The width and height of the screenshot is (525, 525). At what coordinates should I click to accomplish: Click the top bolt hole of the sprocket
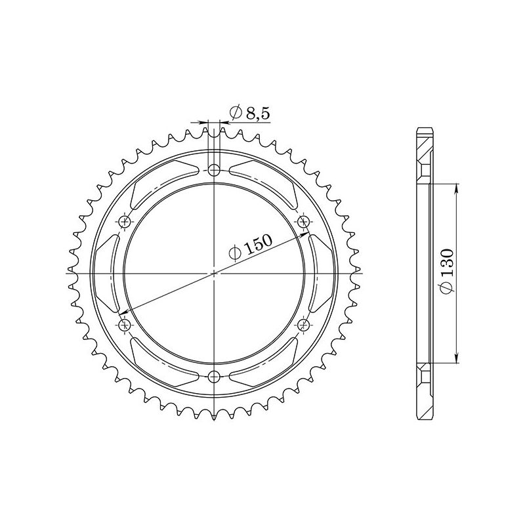point(214,171)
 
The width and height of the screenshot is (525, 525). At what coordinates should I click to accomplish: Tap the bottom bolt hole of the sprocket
point(214,375)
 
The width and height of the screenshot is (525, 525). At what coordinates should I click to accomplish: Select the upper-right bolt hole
point(303,222)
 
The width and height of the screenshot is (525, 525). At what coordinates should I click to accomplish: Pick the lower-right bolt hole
point(303,324)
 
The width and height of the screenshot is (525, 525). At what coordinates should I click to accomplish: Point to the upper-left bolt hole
point(125,222)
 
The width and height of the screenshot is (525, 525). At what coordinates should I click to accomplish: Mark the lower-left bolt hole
point(125,324)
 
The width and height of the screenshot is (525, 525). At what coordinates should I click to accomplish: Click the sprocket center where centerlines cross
point(214,273)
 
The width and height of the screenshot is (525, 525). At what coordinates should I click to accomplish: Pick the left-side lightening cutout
point(106,273)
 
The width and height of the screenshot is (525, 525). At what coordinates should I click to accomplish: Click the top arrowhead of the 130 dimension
point(457,186)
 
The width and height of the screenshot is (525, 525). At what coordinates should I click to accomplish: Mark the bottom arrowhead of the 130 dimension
point(457,358)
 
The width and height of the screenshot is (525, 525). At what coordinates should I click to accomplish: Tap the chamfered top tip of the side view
point(424,130)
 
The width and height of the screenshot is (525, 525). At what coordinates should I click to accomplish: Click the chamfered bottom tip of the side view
point(424,415)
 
